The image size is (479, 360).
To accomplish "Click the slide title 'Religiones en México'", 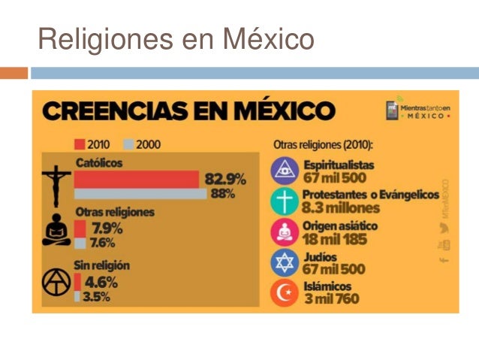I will point(176,38).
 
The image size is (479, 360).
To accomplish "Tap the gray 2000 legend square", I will point(128,144).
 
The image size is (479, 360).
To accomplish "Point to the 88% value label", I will point(222,194).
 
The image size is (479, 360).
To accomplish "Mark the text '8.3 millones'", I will point(341,207).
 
